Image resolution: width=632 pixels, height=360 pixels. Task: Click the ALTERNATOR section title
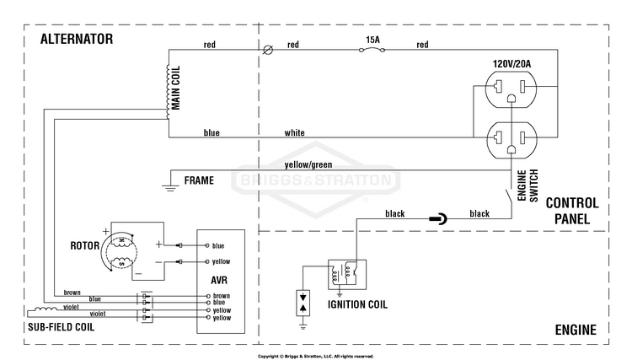click(x=77, y=39)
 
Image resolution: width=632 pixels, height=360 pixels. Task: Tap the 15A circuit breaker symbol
click(x=372, y=50)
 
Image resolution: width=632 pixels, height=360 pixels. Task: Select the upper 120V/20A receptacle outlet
click(x=511, y=89)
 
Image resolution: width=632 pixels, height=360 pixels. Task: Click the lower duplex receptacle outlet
click(x=511, y=140)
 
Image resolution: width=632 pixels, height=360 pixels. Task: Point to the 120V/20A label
click(x=511, y=64)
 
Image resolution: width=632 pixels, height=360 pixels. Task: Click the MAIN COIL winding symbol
click(x=168, y=92)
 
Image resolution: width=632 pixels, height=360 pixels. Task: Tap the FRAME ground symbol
click(x=170, y=187)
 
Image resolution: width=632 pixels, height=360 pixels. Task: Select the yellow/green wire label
click(x=308, y=164)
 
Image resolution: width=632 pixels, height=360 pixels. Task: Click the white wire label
click(x=295, y=132)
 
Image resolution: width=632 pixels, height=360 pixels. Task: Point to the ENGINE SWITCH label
click(x=528, y=185)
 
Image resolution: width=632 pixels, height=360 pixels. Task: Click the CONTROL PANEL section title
click(x=572, y=211)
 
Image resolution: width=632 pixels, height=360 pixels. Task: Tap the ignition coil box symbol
click(x=347, y=275)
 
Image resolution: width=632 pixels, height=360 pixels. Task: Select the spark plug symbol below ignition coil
click(x=303, y=303)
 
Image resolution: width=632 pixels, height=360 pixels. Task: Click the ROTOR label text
click(x=84, y=245)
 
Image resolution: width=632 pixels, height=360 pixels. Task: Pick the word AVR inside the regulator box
click(x=219, y=280)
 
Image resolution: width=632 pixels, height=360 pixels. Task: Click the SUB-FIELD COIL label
click(x=62, y=327)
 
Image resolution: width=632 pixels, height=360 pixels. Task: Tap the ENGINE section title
click(x=576, y=330)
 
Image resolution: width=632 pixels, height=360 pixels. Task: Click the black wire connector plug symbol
click(x=437, y=219)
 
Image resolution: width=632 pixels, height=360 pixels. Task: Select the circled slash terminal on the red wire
click(x=268, y=50)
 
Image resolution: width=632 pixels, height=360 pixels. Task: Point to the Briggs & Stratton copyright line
click(x=316, y=357)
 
